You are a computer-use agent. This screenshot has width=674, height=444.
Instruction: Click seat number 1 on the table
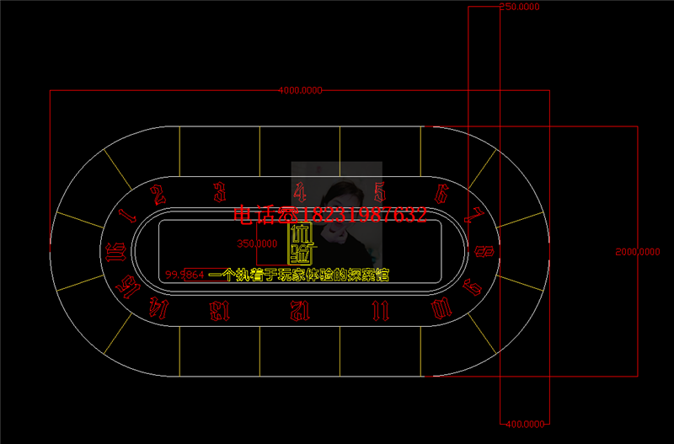pos(128,214)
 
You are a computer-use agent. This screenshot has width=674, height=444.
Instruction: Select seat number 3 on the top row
pos(219,190)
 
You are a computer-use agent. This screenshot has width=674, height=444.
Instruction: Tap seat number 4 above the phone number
pos(300,190)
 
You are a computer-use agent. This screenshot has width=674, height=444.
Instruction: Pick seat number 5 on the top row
pos(380,191)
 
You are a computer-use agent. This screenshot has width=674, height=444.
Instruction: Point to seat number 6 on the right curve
pos(441,193)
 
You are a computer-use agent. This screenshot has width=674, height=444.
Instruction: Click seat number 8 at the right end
pos(484,250)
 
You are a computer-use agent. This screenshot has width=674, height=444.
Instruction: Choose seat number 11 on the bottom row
pos(380,310)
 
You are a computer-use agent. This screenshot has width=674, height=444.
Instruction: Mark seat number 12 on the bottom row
pos(300,311)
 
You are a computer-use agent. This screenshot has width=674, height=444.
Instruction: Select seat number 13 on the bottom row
pos(220,311)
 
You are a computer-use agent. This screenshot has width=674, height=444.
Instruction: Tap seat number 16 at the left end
pos(118,250)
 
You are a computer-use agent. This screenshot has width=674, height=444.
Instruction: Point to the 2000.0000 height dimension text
pos(638,251)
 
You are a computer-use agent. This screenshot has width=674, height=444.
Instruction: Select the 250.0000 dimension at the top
pos(519,7)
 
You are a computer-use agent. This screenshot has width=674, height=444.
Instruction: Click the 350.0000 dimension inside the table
pos(257,243)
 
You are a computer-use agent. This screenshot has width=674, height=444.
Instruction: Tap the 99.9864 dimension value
pos(185,275)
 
